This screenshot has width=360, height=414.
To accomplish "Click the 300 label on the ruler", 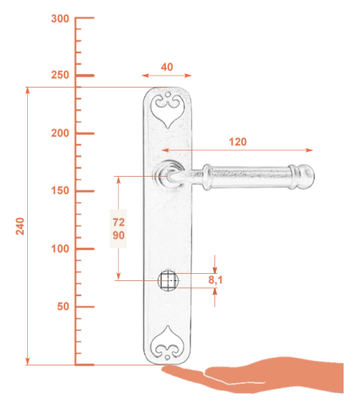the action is (60, 19).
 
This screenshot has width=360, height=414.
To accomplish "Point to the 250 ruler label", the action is (60, 75).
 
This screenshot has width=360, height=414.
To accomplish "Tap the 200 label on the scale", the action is (60, 133).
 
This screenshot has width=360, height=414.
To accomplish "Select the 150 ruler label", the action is (60, 190).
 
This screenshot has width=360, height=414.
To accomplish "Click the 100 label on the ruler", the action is (60, 248).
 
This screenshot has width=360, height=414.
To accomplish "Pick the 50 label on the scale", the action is (63, 307).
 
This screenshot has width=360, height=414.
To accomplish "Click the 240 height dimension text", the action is (20, 226).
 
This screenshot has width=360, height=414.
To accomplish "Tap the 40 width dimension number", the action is (167, 67).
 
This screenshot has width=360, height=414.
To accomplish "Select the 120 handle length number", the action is (237, 142).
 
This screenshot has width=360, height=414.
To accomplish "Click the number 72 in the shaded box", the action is (119, 222).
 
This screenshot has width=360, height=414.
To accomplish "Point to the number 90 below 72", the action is (119, 235).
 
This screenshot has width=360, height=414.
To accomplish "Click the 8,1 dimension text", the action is (215, 280).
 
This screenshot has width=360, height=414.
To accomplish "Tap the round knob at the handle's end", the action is (307, 177).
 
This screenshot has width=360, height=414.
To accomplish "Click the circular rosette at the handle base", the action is (169, 174).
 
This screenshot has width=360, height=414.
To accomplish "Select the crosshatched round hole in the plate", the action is (168, 280).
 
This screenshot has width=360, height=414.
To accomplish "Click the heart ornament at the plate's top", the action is (167, 109).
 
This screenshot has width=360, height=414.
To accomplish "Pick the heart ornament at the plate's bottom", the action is (167, 343).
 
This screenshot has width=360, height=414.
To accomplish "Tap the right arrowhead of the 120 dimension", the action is (309, 150).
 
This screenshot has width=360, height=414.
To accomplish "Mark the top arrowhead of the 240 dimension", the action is (27, 91).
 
